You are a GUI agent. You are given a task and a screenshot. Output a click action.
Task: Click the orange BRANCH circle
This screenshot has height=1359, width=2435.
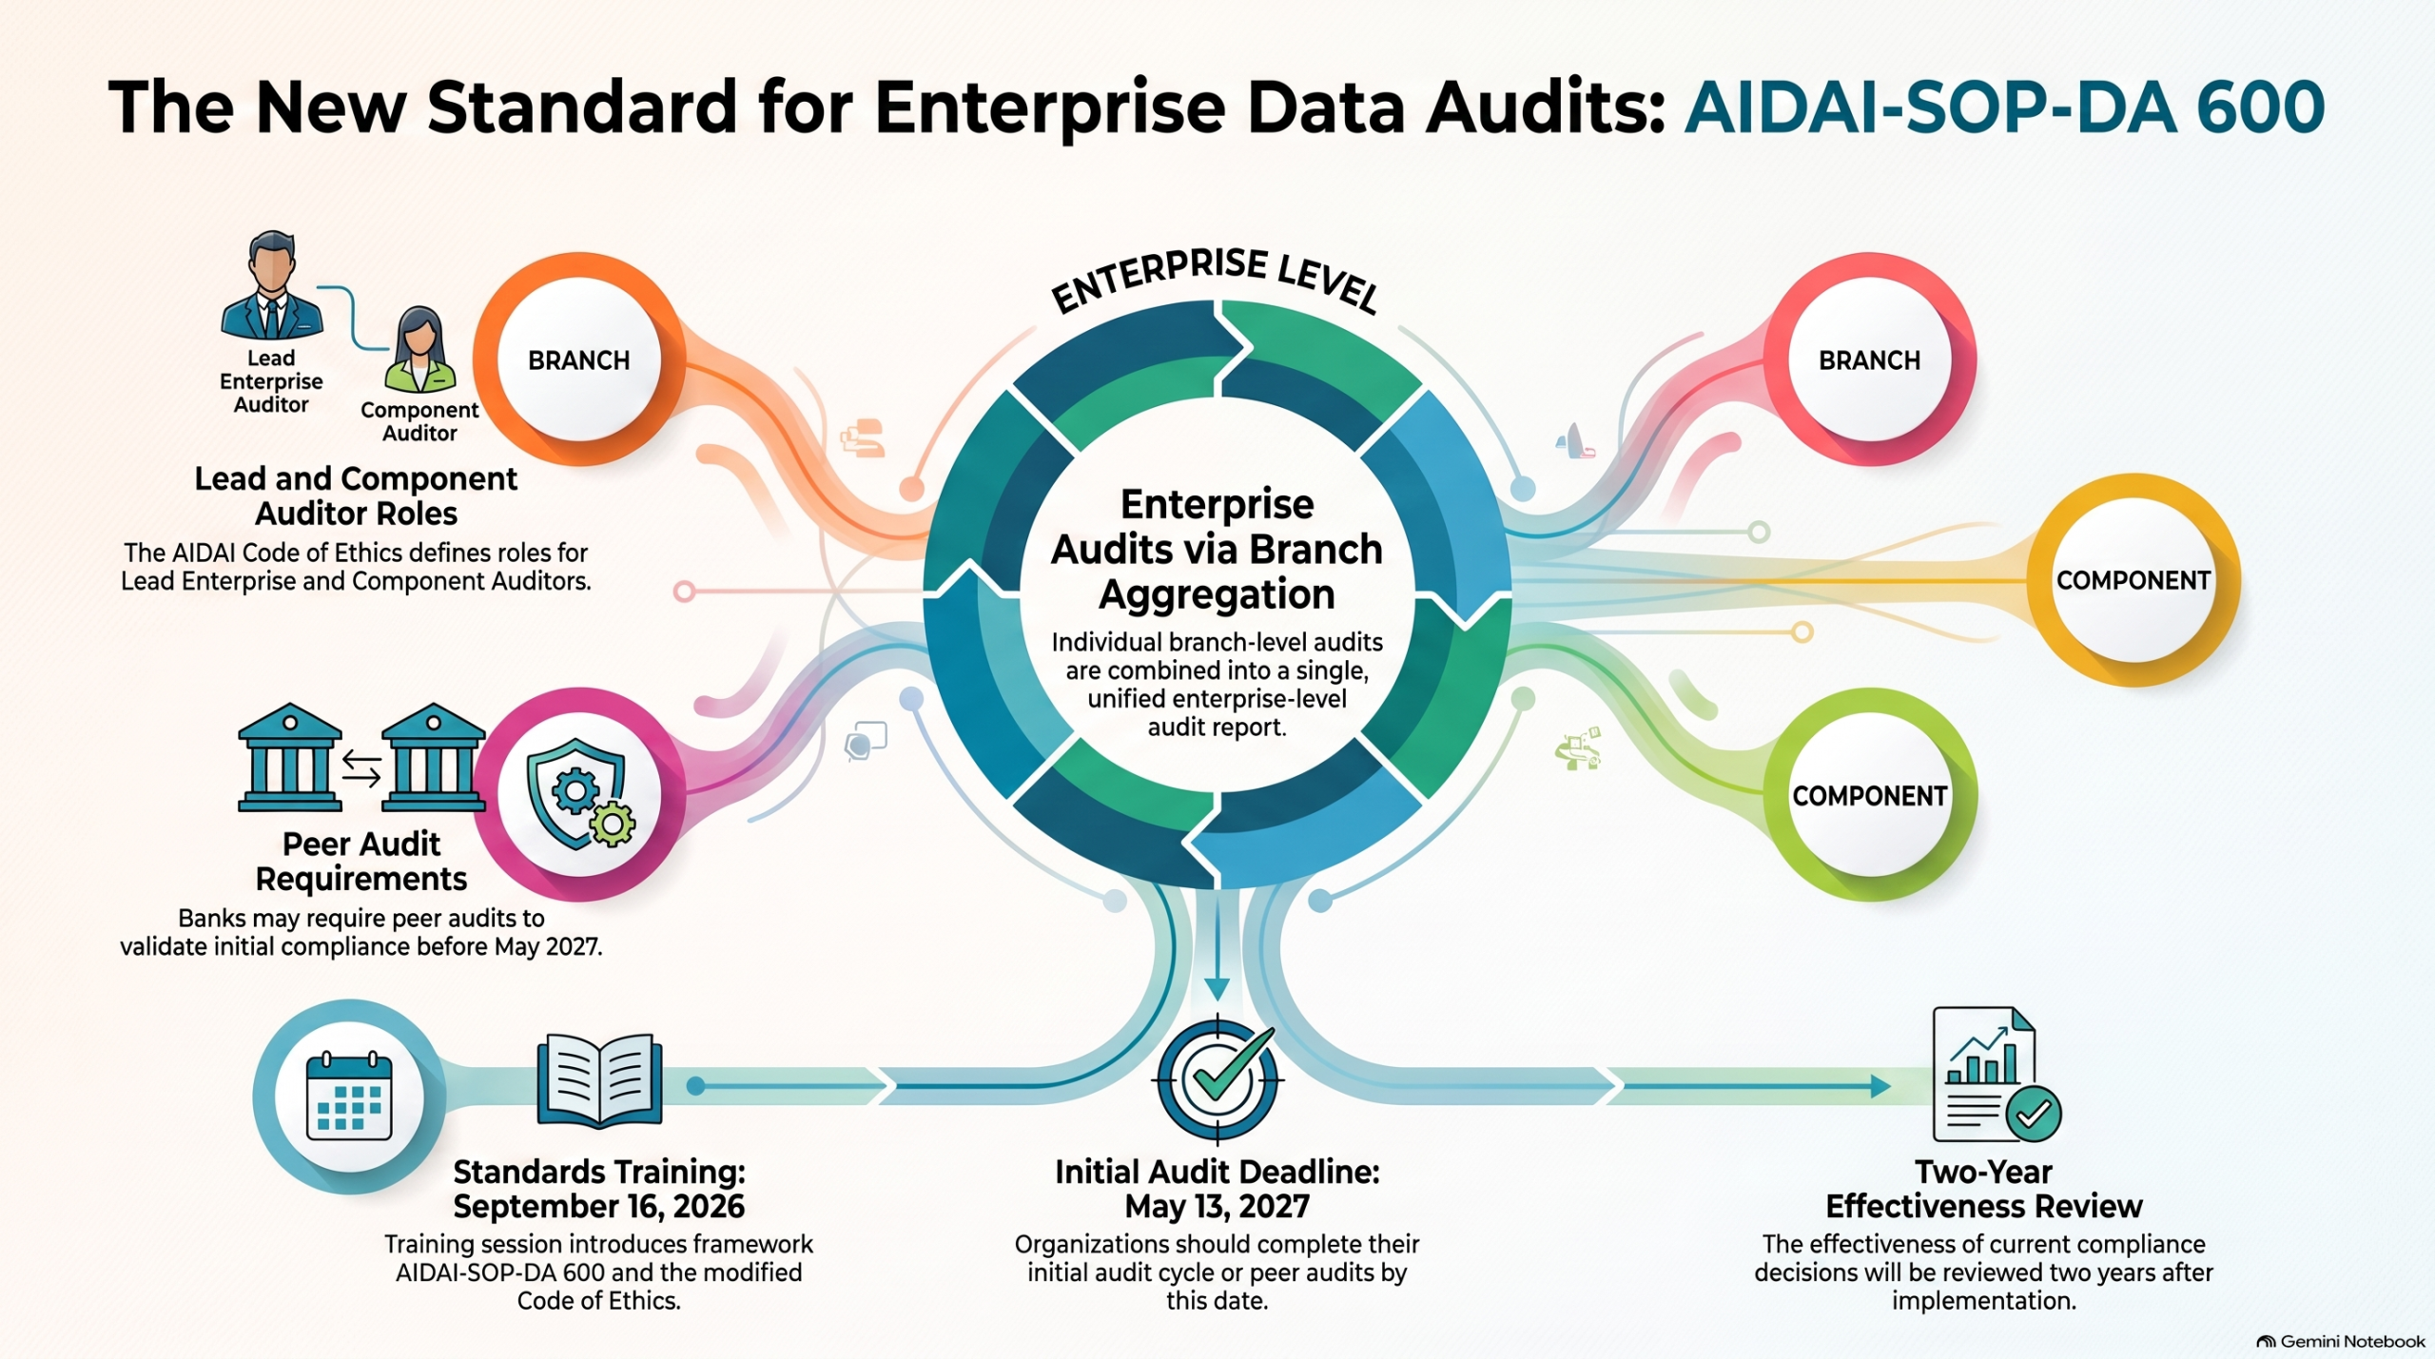(579, 359)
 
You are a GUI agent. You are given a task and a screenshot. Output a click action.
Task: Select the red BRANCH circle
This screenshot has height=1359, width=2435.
(1870, 359)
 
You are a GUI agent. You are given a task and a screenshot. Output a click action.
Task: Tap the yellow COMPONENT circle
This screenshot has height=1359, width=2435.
(2133, 580)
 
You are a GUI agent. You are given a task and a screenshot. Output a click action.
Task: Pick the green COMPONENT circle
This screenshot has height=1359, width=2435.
(1870, 795)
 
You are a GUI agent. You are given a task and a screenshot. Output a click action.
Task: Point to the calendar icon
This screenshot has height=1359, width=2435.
(349, 1096)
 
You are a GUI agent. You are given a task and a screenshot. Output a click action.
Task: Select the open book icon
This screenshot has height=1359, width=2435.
(599, 1081)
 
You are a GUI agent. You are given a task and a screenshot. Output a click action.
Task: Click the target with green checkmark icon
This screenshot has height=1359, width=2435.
(1217, 1080)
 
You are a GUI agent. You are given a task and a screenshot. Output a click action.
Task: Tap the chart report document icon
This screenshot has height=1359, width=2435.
(1997, 1075)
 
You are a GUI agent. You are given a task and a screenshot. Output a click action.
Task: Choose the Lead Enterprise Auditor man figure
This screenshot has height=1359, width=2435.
(272, 285)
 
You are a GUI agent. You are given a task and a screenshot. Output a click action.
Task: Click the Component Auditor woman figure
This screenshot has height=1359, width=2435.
(419, 350)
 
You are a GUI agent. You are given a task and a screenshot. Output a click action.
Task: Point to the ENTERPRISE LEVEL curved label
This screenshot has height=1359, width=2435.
(1217, 279)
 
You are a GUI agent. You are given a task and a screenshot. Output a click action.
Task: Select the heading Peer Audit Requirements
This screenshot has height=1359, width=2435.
(361, 861)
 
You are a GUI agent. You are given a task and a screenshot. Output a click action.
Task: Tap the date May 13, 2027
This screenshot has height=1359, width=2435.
(1217, 1206)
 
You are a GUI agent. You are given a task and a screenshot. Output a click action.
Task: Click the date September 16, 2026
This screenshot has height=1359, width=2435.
(599, 1206)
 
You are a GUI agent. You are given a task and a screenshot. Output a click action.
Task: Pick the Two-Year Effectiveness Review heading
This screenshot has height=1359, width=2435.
(1984, 1189)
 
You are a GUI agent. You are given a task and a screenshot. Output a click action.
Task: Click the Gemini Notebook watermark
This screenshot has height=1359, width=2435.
(2341, 1342)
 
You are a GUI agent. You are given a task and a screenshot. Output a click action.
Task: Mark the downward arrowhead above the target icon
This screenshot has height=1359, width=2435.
(1217, 989)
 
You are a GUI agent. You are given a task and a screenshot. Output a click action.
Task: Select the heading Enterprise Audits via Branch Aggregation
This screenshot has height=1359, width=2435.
(1217, 549)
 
